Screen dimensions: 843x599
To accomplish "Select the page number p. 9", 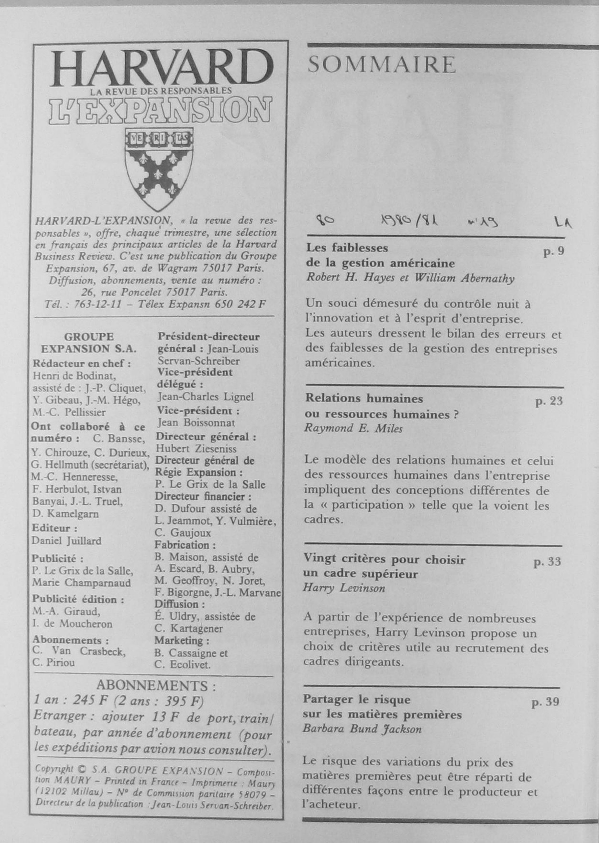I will (554, 252).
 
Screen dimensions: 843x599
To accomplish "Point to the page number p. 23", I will (549, 401).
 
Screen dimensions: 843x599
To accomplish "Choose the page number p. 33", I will (547, 562).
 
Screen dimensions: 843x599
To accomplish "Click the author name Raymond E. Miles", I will (353, 429).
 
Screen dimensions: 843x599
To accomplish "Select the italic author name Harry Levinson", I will (344, 588).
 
